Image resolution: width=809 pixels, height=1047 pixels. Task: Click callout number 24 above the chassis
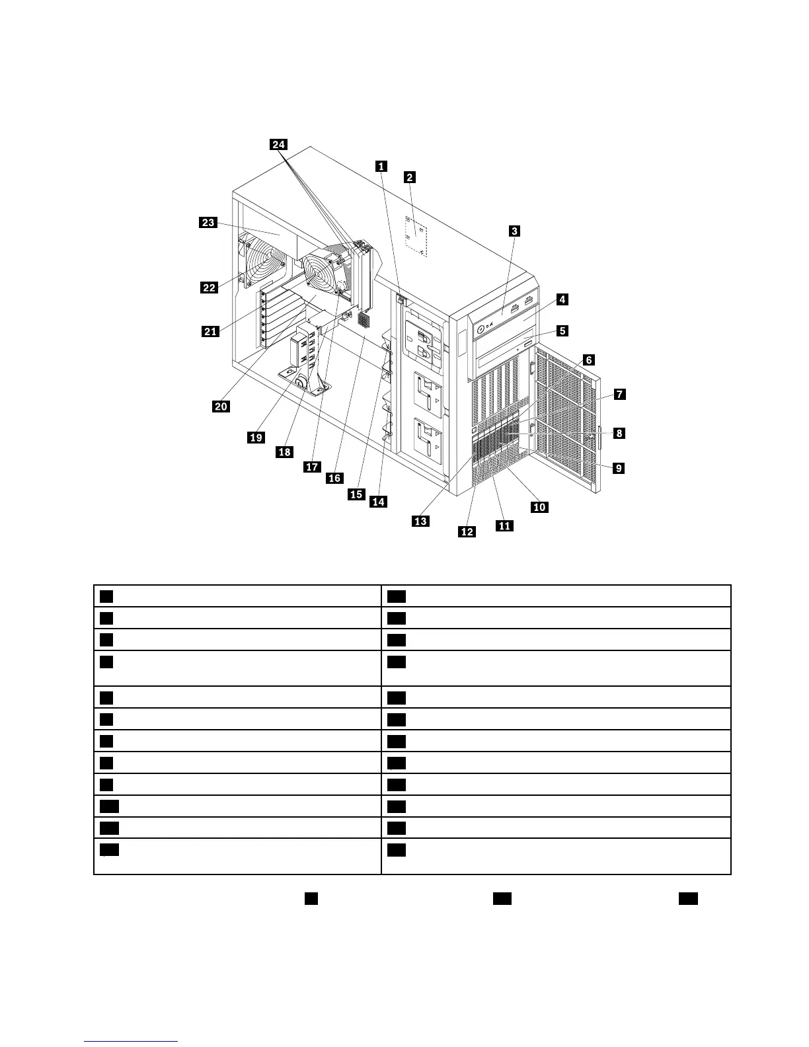point(278,145)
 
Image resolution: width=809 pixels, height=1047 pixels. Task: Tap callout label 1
point(381,166)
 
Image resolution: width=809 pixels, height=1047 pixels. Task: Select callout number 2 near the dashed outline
point(410,177)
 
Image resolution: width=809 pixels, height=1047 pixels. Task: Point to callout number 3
point(514,231)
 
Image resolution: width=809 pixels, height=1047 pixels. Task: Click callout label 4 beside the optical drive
point(561,299)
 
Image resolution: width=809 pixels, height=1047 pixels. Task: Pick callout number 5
point(562,330)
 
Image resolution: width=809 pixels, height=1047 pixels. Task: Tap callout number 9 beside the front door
point(618,468)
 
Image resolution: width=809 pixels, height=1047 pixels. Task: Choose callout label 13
point(420,521)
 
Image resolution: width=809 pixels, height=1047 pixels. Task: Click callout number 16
point(335,478)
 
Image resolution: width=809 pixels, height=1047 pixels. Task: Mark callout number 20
point(221,406)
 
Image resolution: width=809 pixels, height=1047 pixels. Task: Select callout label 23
point(208,223)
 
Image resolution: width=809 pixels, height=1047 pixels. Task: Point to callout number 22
point(209,287)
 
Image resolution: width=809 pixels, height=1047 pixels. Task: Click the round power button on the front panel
point(479,326)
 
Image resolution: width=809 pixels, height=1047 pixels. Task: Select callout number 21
point(210,331)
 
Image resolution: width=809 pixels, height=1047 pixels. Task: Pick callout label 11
point(504,525)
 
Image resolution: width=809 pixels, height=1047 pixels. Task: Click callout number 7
point(619,394)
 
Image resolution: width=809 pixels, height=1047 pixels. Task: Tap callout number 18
point(284,452)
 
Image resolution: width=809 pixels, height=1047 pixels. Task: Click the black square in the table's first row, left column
point(106,596)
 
